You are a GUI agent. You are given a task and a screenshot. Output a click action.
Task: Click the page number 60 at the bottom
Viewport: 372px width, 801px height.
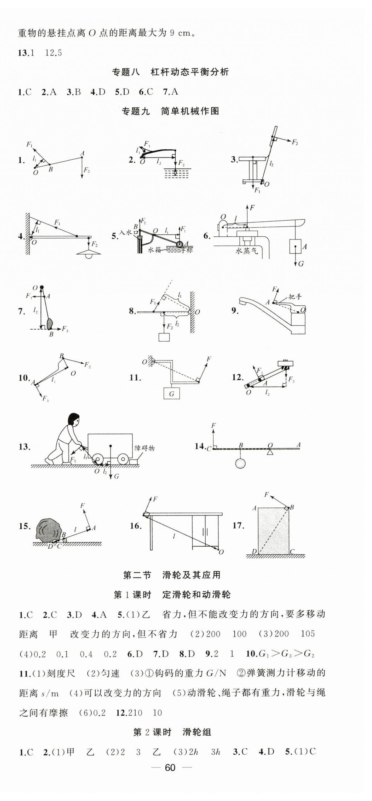click(x=170, y=768)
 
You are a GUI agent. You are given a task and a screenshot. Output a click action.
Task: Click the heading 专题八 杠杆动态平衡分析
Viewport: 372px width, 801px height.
click(x=170, y=72)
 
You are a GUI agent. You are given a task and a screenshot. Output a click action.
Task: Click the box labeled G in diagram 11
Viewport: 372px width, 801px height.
click(x=171, y=394)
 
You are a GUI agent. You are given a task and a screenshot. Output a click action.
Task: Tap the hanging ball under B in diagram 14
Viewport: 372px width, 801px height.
click(x=240, y=463)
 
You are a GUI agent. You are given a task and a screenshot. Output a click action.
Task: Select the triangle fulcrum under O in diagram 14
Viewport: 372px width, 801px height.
click(x=270, y=452)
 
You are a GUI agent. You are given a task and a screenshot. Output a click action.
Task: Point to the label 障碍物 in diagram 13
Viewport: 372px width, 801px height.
click(x=144, y=448)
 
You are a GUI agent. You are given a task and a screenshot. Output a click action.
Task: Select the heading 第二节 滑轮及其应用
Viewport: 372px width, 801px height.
click(x=171, y=575)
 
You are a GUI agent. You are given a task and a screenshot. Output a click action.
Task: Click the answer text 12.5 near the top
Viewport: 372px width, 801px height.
click(x=53, y=53)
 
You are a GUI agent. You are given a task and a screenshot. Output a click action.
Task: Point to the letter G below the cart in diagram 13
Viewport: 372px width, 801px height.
click(x=116, y=476)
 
